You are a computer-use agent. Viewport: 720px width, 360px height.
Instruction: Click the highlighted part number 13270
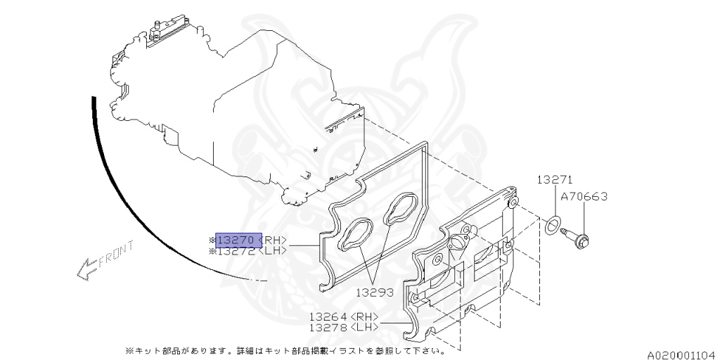click(238, 240)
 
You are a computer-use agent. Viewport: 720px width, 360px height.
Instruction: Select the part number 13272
click(238, 251)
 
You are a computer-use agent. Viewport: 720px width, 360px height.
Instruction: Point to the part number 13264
click(328, 316)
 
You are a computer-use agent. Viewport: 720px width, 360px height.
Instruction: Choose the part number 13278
click(328, 327)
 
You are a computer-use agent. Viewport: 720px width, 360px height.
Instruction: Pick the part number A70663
click(584, 197)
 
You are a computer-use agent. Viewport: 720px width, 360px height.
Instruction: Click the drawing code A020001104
click(681, 354)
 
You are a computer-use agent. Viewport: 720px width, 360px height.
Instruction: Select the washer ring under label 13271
click(553, 225)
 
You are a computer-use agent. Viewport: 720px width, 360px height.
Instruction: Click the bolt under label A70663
click(577, 238)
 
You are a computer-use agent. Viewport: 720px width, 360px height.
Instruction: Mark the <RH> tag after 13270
click(273, 240)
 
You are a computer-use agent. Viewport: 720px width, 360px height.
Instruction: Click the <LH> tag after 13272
click(273, 251)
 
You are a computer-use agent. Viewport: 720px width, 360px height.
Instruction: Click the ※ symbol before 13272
click(212, 251)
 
